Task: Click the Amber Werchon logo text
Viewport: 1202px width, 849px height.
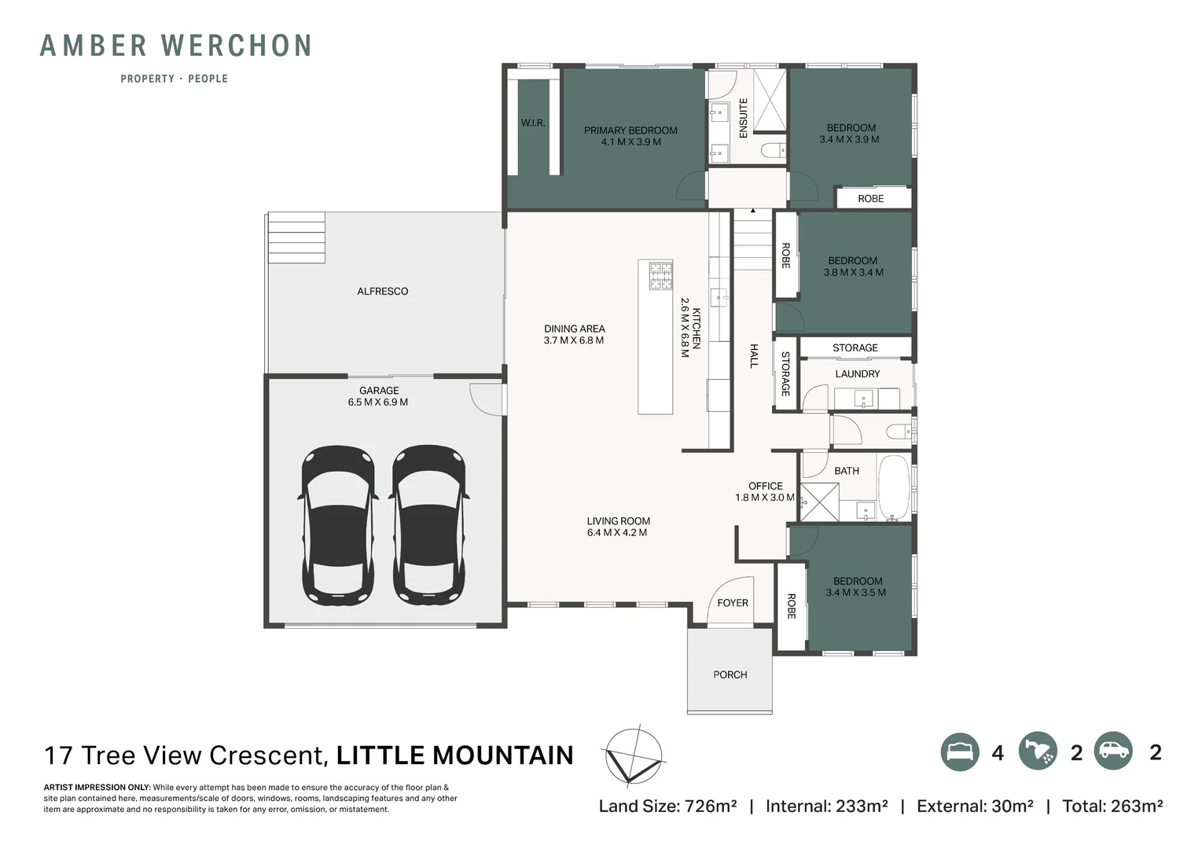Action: (175, 46)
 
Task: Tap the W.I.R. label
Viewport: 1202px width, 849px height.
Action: (533, 123)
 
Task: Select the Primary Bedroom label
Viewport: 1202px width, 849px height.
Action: (630, 136)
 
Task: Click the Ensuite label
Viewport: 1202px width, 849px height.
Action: (743, 119)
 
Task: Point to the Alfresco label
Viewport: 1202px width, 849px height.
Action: (383, 292)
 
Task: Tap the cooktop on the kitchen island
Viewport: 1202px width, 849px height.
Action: (660, 277)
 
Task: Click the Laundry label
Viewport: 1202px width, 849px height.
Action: (858, 374)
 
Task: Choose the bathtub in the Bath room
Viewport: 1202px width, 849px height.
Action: (893, 487)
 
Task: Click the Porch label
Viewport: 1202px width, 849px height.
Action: (730, 674)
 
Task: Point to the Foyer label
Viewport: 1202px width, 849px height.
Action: (733, 603)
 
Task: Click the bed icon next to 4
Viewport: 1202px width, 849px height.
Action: (960, 752)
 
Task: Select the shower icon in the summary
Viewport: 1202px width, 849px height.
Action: (1038, 752)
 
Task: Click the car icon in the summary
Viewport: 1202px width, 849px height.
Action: (1112, 751)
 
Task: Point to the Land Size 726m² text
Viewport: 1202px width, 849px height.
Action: (667, 806)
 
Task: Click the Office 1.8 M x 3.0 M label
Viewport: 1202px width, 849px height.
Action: (765, 492)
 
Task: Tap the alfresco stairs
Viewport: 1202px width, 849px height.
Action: (296, 237)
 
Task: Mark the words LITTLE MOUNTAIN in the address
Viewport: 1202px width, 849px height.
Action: (455, 755)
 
